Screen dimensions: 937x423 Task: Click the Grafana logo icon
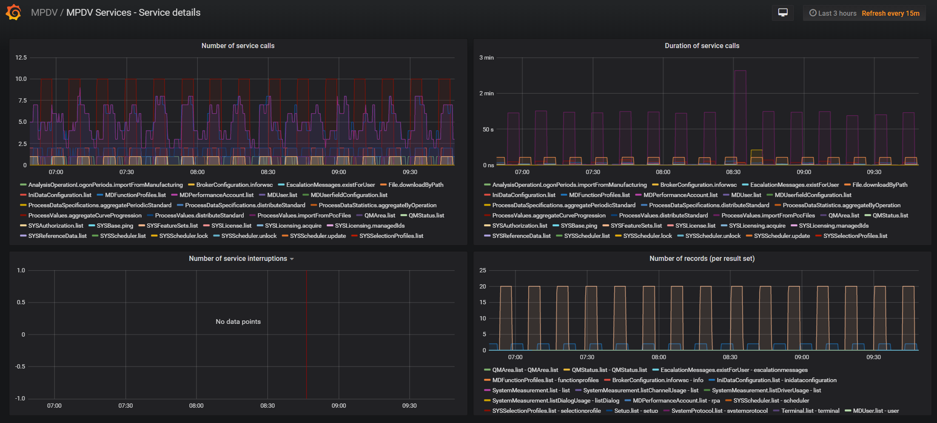click(14, 12)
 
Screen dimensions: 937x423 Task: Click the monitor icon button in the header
click(783, 13)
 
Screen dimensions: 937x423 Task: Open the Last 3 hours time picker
click(832, 13)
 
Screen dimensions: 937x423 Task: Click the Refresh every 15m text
click(891, 13)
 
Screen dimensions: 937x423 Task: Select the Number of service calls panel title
click(238, 46)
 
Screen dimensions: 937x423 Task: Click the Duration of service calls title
click(702, 46)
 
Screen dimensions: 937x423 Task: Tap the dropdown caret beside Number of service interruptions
click(292, 259)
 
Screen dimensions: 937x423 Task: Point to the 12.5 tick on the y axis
click(21, 57)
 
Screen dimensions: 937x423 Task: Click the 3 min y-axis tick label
click(487, 57)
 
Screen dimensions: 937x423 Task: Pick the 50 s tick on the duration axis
click(488, 129)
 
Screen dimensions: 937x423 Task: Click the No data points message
click(238, 322)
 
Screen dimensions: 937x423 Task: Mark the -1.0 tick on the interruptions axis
click(20, 398)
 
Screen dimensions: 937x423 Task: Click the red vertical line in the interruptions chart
click(306, 334)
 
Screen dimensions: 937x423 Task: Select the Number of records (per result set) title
click(702, 258)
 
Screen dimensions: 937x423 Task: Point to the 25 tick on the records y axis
click(483, 270)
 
